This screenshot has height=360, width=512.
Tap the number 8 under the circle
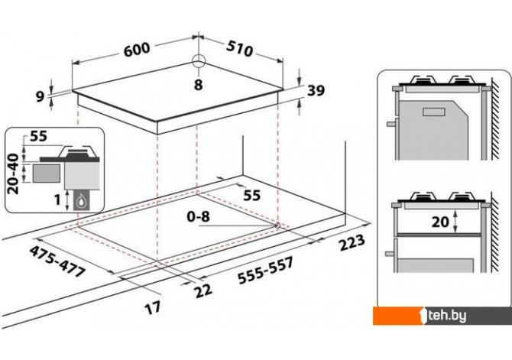pos(198,86)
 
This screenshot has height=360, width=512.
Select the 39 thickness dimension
pos(316,91)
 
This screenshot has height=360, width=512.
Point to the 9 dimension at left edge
pos(40,96)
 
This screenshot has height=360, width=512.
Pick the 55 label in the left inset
pos(40,138)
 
